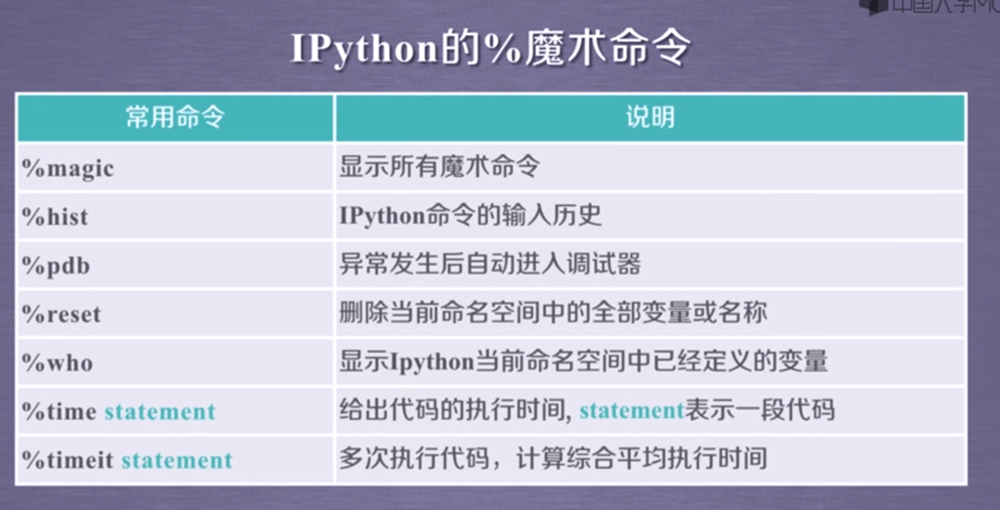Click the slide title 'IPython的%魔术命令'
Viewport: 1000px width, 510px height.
tap(490, 49)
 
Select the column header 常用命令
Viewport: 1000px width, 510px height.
tap(176, 118)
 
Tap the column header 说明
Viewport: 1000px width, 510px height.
tap(649, 118)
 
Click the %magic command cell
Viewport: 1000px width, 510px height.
tap(67, 169)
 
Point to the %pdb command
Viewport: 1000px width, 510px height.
tap(56, 266)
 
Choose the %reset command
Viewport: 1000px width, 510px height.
tap(62, 315)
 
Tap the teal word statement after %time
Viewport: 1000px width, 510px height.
tap(160, 411)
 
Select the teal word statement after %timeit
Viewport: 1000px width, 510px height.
tap(178, 460)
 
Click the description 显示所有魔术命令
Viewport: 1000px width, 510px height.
tap(439, 167)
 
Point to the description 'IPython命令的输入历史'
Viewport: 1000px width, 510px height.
tap(471, 216)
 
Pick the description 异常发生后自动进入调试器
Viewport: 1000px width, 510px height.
tap(490, 264)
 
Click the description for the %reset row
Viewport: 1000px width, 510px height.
tap(553, 313)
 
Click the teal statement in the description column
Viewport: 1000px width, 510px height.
tap(632, 410)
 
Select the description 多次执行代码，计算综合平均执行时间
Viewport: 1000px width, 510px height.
tap(553, 458)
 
